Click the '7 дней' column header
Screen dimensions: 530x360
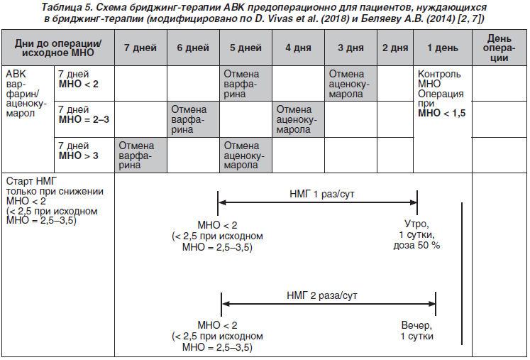pos(140,48)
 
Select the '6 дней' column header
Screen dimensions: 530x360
pos(193,48)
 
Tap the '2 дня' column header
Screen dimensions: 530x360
pos(395,48)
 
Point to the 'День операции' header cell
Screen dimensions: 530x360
pos(499,48)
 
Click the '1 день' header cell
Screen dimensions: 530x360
pos(443,48)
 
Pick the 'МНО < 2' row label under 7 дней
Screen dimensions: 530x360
pos(79,84)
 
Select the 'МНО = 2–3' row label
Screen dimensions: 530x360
pos(84,119)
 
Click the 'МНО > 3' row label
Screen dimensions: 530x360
pos(79,156)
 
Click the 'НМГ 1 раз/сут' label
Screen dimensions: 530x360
pos(322,195)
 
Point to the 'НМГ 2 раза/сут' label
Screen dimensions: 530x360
pos(322,295)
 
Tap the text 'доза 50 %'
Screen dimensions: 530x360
pos(416,245)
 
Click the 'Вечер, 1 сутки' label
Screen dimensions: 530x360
pos(416,331)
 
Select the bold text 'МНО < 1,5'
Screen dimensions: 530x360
pos(441,114)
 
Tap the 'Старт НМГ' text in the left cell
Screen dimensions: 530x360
pos(31,181)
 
